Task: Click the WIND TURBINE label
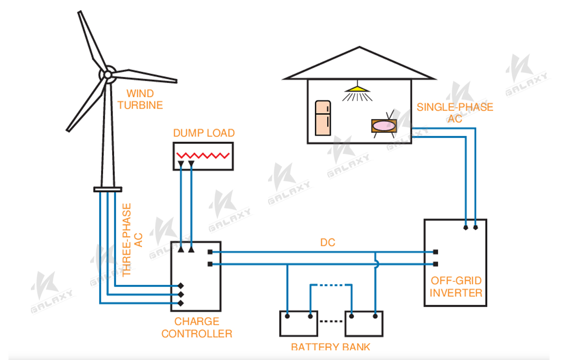(x=140, y=99)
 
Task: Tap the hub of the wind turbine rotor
(x=107, y=75)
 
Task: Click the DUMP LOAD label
(x=203, y=133)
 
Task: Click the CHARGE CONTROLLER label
(x=196, y=328)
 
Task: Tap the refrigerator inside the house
(x=322, y=118)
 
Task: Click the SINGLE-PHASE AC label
(x=454, y=113)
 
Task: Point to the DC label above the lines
(x=327, y=243)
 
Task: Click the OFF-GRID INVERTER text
(x=455, y=286)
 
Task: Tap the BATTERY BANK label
(x=330, y=347)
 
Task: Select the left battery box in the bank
(x=298, y=324)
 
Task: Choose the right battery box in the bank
(x=364, y=324)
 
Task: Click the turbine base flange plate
(x=107, y=189)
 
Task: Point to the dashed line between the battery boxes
(x=331, y=321)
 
